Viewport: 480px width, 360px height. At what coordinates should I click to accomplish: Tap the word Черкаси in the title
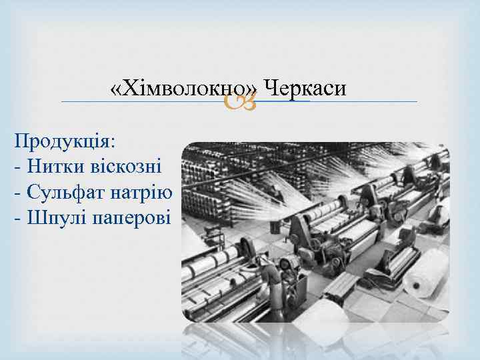click(305, 87)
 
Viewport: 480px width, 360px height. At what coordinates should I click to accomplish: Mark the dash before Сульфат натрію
click(17, 193)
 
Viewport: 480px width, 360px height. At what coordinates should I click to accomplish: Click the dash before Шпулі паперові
click(17, 219)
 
